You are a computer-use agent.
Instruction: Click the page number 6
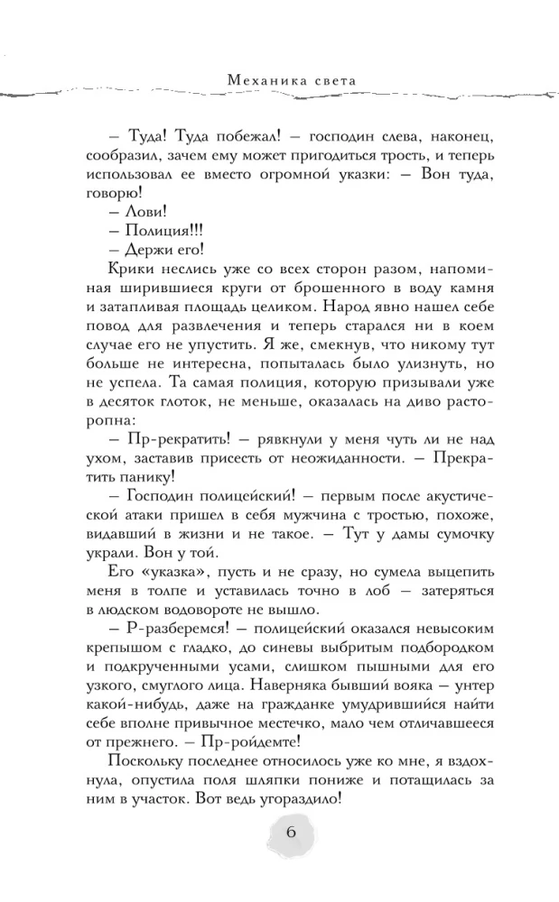291,832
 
